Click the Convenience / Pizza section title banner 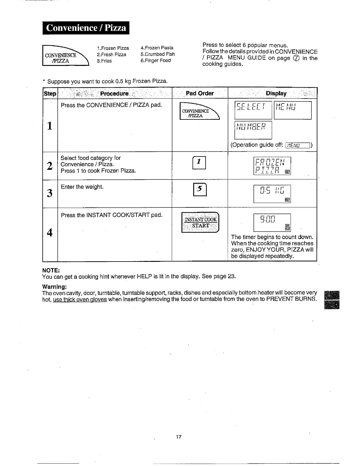pyautogui.click(x=86, y=28)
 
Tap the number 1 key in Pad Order pyautogui.click(x=199, y=162)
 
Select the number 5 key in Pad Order pyautogui.click(x=200, y=190)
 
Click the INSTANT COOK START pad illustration pyautogui.click(x=200, y=222)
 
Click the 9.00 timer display pyautogui.click(x=272, y=222)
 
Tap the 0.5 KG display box pyautogui.click(x=272, y=194)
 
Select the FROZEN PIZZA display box pyautogui.click(x=272, y=166)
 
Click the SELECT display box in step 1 pyautogui.click(x=253, y=110)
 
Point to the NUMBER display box pyautogui.click(x=253, y=130)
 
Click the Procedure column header pyautogui.click(x=114, y=94)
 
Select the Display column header pyautogui.click(x=276, y=93)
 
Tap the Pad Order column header pyautogui.click(x=200, y=93)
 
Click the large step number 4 pyautogui.click(x=50, y=232)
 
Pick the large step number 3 pyautogui.click(x=50, y=193)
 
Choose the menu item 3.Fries pyautogui.click(x=104, y=61)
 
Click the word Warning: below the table pyautogui.click(x=54, y=287)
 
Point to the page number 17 pyautogui.click(x=178, y=437)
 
